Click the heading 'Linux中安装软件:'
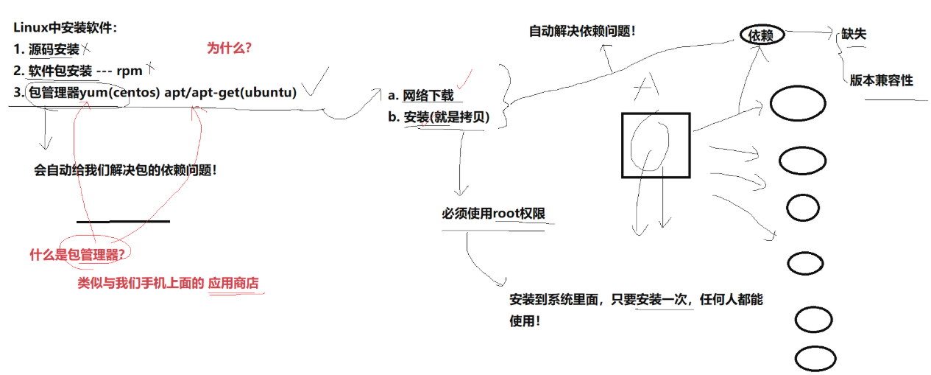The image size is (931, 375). (x=66, y=29)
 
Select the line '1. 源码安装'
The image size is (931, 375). (x=46, y=50)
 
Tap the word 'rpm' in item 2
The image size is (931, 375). (x=129, y=71)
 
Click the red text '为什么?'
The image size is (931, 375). (x=229, y=49)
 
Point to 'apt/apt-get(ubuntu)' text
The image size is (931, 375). (x=235, y=93)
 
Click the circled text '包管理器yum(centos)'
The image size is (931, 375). (x=79, y=93)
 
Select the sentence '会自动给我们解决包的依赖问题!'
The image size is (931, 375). (x=125, y=169)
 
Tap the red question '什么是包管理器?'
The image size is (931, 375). (x=77, y=255)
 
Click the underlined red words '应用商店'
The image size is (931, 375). (x=234, y=283)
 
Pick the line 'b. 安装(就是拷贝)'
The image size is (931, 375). (x=439, y=117)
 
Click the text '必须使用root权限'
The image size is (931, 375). (x=493, y=214)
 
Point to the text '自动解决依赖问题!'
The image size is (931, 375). (x=581, y=32)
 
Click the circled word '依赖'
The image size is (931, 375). (x=762, y=35)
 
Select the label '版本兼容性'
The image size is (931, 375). (x=881, y=80)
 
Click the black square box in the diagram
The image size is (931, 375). (x=655, y=145)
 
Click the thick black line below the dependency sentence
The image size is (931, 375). (x=123, y=221)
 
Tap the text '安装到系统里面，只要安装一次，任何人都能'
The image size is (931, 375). (x=636, y=300)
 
